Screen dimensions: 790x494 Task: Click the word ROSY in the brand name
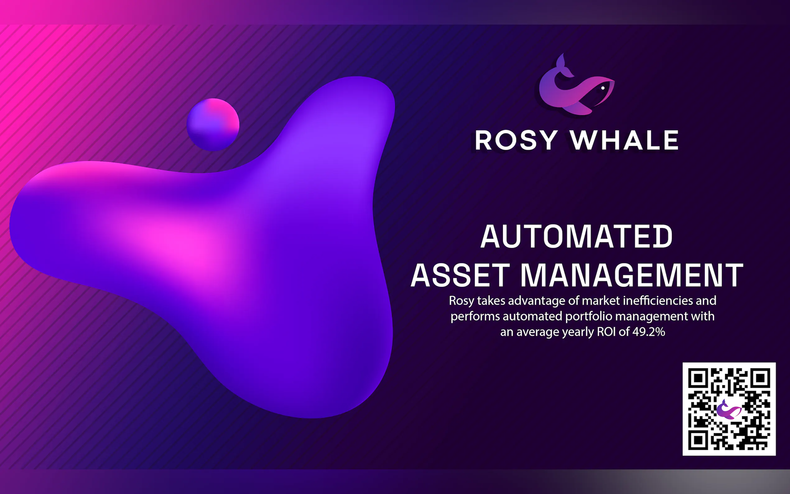pyautogui.click(x=516, y=140)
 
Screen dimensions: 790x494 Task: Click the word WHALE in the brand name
pyautogui.click(x=625, y=140)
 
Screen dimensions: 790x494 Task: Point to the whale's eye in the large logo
pyautogui.click(x=603, y=88)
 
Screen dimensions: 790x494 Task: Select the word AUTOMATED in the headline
pyautogui.click(x=576, y=236)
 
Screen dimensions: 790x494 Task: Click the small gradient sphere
pyautogui.click(x=213, y=125)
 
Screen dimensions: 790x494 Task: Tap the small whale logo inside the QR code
pyautogui.click(x=729, y=409)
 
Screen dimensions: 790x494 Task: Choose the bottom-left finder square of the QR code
pyautogui.click(x=698, y=440)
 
